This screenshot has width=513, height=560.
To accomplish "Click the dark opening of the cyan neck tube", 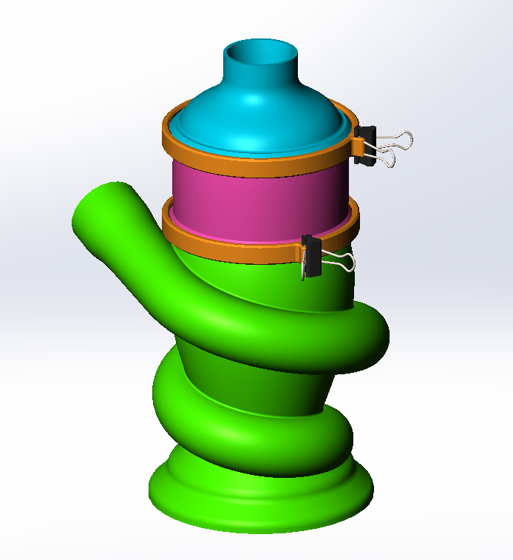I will [262, 53].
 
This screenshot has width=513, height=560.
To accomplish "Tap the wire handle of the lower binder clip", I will [340, 261].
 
